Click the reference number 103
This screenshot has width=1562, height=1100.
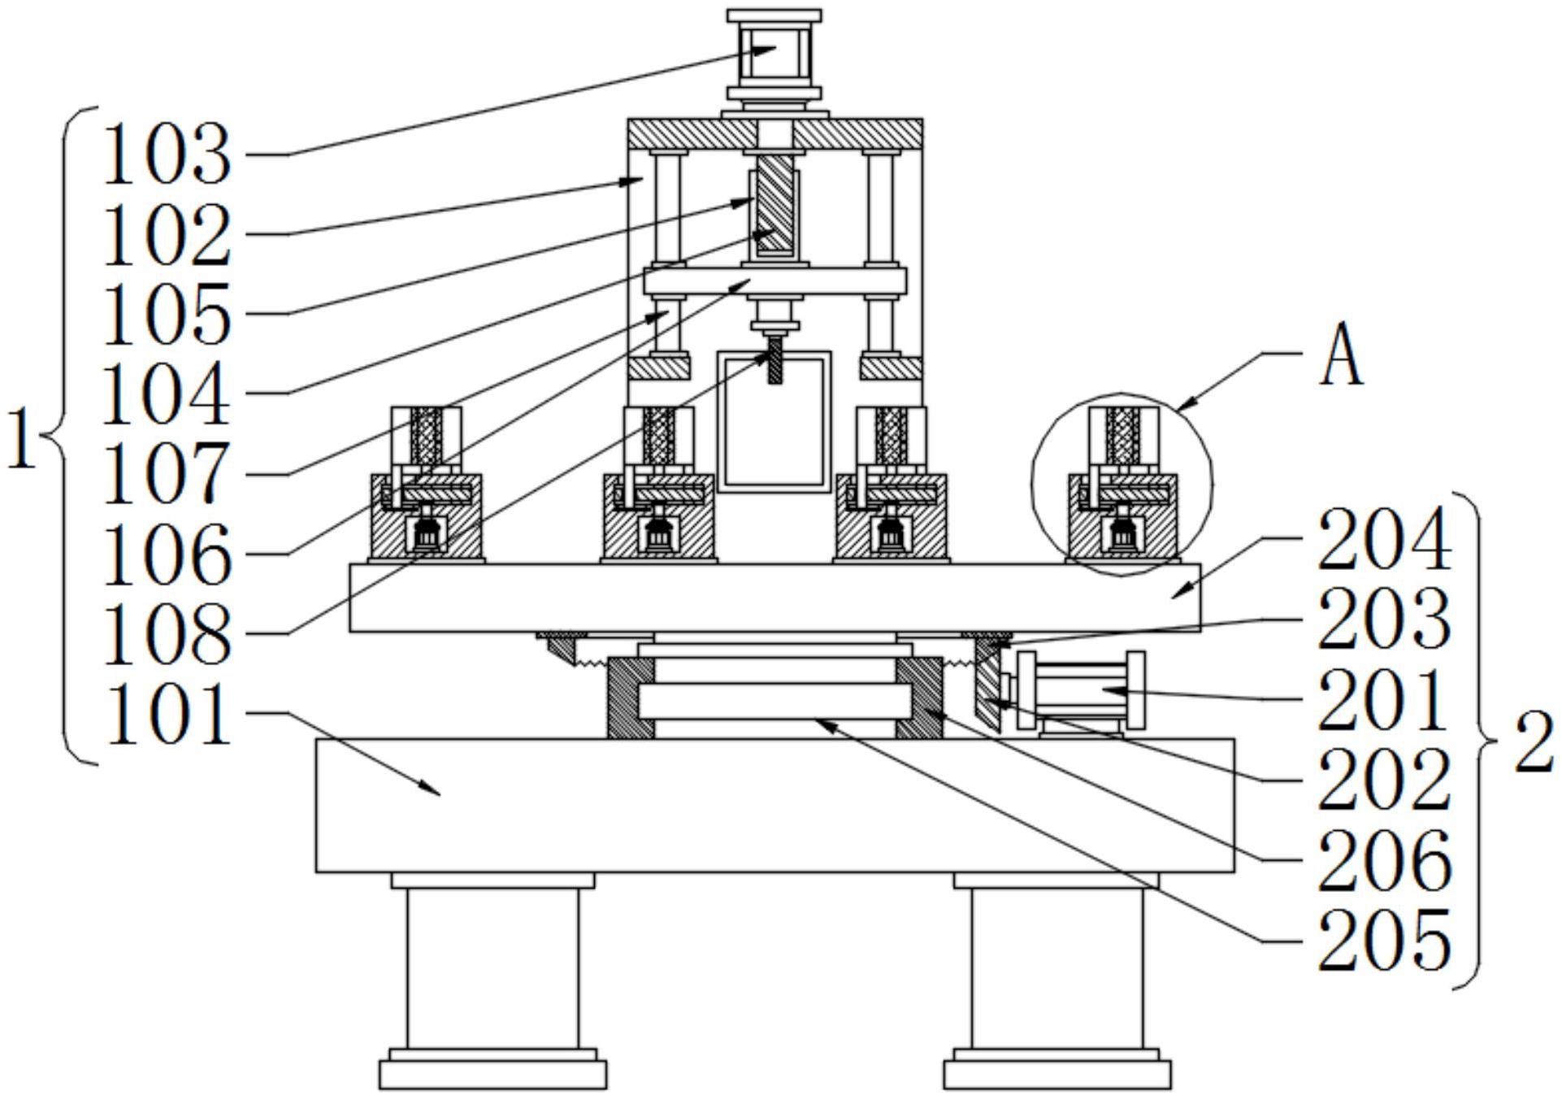pos(167,154)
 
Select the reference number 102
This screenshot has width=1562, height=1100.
pos(167,235)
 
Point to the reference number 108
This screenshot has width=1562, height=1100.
pos(167,635)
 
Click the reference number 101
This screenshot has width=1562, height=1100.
pos(167,715)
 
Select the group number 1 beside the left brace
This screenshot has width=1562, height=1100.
pos(22,439)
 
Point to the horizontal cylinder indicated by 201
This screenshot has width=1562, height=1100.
pos(1081,690)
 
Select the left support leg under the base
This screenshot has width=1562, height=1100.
pos(492,967)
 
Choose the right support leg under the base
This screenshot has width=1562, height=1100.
pos(1057,967)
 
